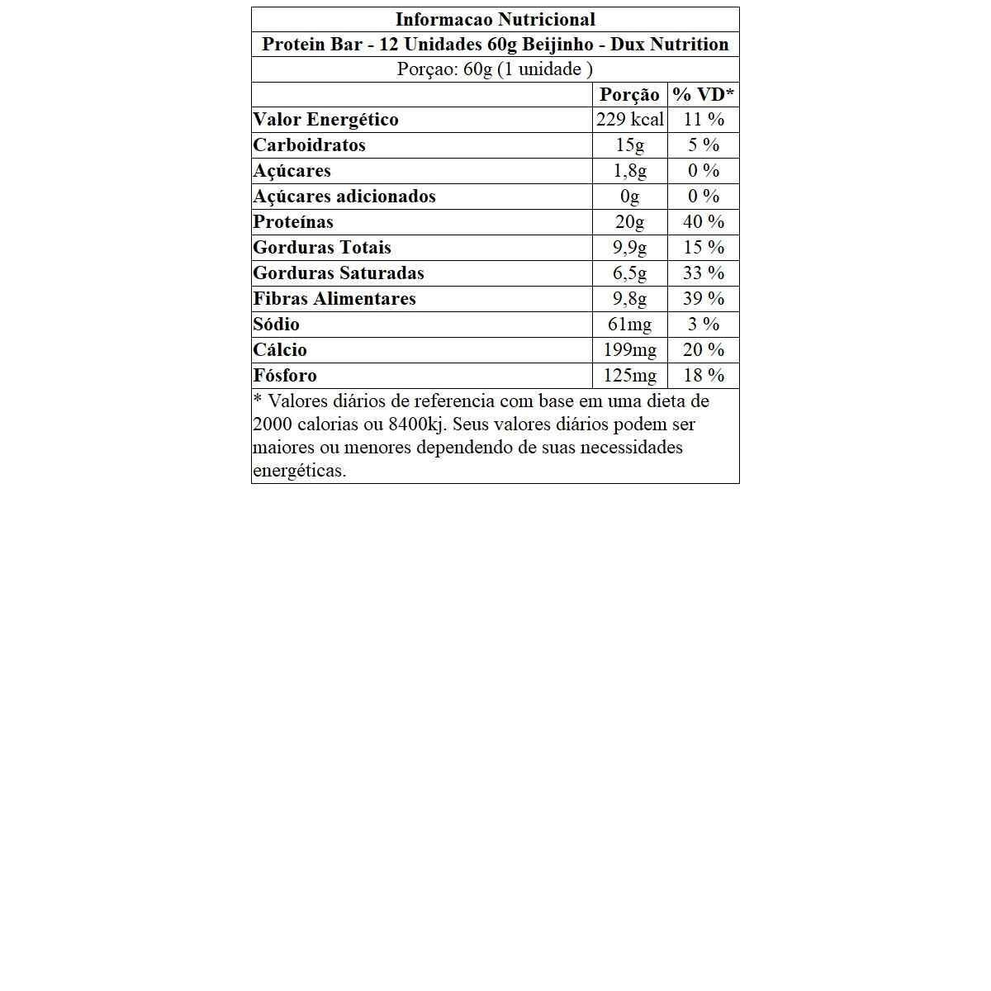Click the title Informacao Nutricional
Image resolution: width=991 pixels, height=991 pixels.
tap(495, 19)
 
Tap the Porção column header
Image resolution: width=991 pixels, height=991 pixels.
tap(629, 94)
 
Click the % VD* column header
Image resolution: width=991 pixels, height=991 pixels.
tap(703, 94)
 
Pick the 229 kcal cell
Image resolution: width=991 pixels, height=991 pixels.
tap(629, 120)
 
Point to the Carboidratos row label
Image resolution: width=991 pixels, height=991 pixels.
tap(309, 145)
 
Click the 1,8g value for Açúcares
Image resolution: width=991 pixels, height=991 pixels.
tap(629, 171)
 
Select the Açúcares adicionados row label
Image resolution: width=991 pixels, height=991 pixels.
tap(344, 197)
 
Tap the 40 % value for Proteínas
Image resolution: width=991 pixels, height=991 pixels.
tap(704, 222)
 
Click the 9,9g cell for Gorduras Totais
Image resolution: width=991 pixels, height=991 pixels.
tap(629, 248)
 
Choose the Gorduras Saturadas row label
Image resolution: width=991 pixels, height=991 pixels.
tap(339, 273)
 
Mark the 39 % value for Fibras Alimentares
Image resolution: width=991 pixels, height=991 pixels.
tap(704, 299)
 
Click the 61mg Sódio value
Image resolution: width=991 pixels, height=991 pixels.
tap(629, 325)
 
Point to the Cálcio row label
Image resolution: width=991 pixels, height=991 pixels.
tap(280, 350)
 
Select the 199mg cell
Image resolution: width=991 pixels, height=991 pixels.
tap(629, 350)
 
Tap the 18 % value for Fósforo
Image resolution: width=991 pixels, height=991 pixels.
tap(704, 376)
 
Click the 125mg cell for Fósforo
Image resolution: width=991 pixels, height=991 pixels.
tap(629, 376)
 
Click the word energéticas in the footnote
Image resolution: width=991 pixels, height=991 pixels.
tap(299, 471)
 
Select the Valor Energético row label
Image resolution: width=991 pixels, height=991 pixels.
tap(325, 120)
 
